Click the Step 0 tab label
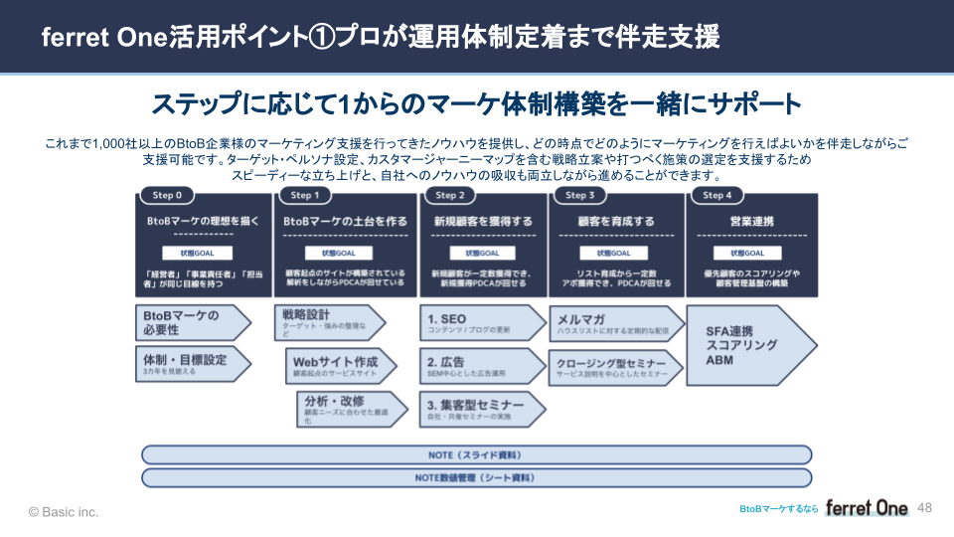click(160, 195)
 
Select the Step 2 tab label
click(450, 195)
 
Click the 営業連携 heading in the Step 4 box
click(751, 221)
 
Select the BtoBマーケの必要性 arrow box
click(192, 322)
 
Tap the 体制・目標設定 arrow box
click(192, 363)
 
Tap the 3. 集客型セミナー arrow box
click(481, 408)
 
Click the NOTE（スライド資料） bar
click(476, 454)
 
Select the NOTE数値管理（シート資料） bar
click(476, 477)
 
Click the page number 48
click(925, 508)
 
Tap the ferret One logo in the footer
click(867, 508)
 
